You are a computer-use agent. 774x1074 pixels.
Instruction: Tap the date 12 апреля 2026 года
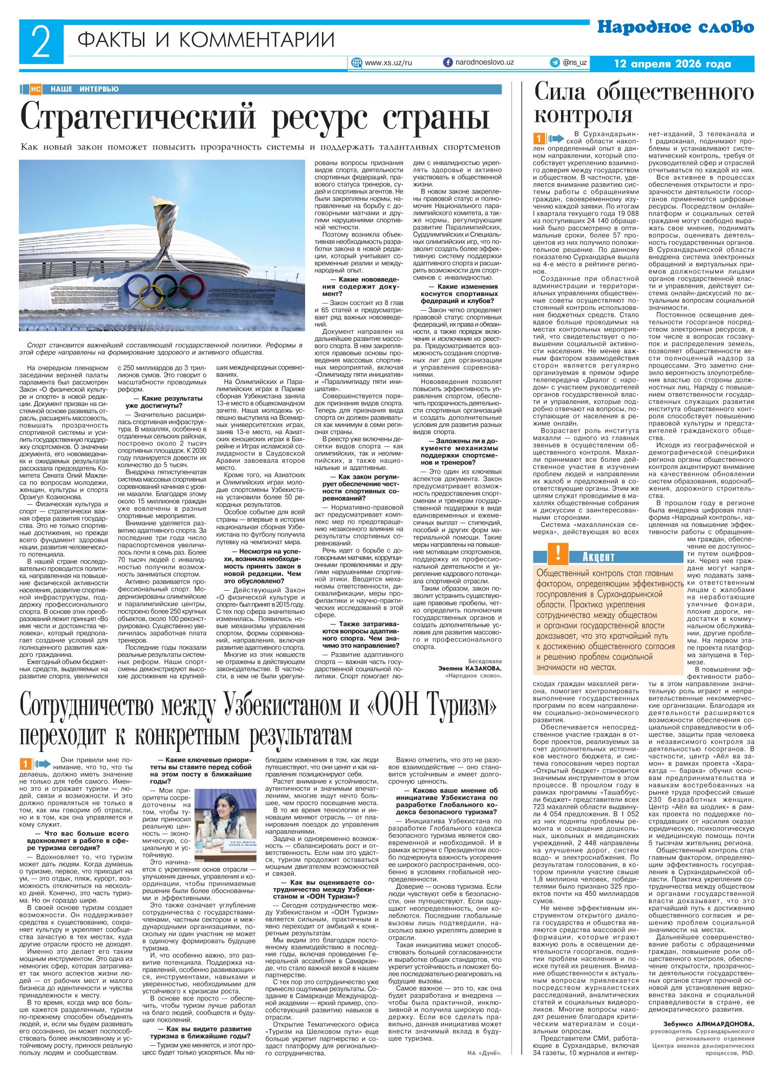click(673, 64)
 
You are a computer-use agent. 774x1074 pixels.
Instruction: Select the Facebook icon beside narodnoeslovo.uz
click(447, 62)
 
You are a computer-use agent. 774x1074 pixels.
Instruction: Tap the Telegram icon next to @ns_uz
click(554, 62)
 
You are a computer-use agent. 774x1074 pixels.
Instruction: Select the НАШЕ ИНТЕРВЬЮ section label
click(84, 89)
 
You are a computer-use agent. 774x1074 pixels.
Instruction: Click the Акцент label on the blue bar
click(598, 556)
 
